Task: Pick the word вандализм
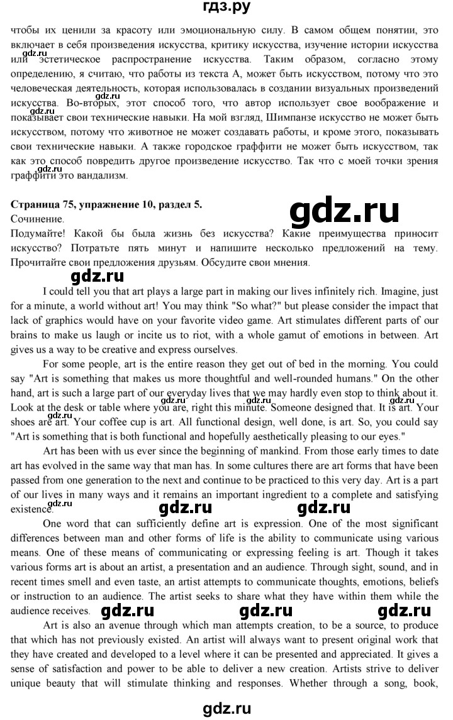click(105, 177)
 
